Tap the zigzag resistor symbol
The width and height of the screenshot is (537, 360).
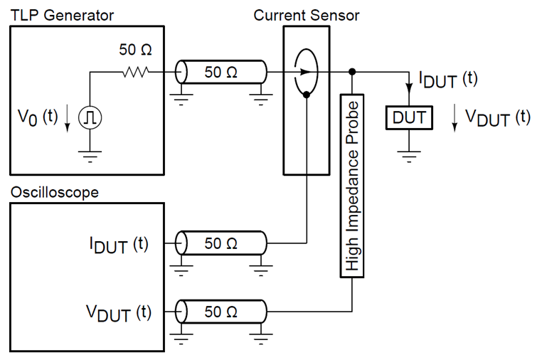pyautogui.click(x=136, y=72)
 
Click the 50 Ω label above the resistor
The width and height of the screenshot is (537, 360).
pyautogui.click(x=135, y=50)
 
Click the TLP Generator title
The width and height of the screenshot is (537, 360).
pyautogui.click(x=62, y=16)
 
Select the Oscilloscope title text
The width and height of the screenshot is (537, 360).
pyautogui.click(x=55, y=192)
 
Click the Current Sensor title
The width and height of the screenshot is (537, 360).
pyautogui.click(x=307, y=16)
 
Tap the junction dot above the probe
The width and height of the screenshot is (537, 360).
pyautogui.click(x=352, y=72)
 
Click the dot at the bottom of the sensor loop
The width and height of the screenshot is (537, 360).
pyautogui.click(x=307, y=95)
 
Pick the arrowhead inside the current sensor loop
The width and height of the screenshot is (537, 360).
pyautogui.click(x=305, y=72)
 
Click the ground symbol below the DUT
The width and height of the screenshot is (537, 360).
pyautogui.click(x=409, y=157)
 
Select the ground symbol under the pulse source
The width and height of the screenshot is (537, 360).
pyautogui.click(x=90, y=157)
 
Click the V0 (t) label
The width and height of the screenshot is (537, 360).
pyautogui.click(x=38, y=117)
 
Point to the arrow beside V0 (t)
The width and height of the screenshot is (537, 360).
pyautogui.click(x=67, y=119)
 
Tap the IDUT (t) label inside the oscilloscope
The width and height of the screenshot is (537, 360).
pyautogui.click(x=119, y=245)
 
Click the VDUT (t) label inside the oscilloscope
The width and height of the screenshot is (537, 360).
pyautogui.click(x=119, y=313)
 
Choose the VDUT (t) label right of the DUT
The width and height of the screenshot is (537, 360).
pyautogui.click(x=498, y=118)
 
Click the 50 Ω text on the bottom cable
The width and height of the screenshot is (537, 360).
pyautogui.click(x=221, y=312)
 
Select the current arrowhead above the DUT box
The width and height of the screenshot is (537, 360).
pyautogui.click(x=409, y=88)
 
